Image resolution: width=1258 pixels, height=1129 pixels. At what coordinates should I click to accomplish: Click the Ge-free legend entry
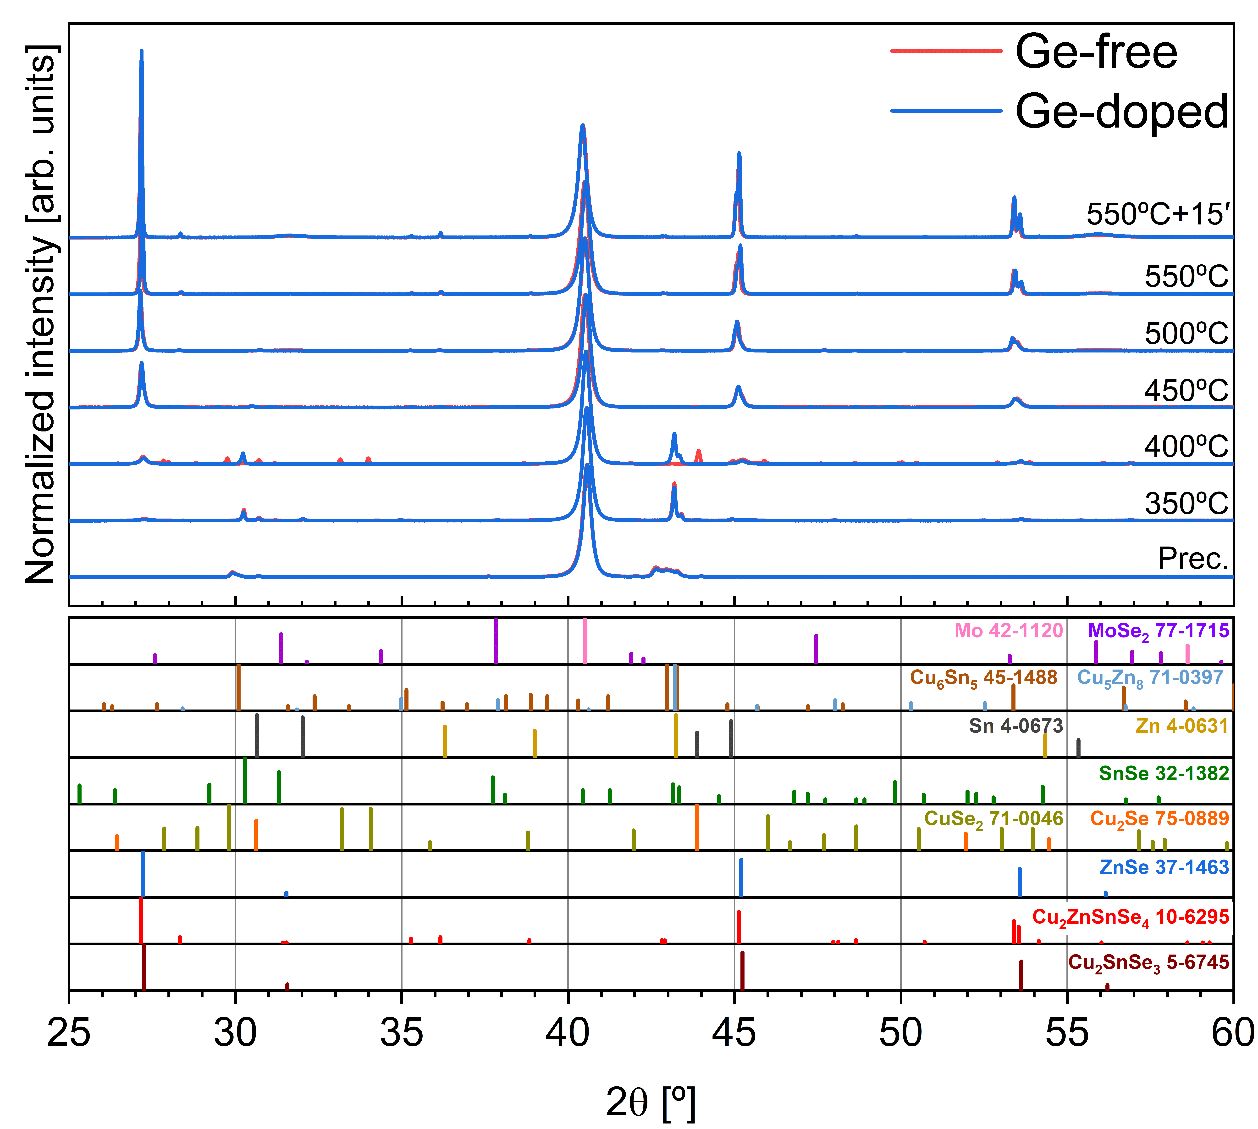tap(1096, 52)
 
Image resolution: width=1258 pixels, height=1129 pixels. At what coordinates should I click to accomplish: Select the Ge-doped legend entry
tap(1121, 112)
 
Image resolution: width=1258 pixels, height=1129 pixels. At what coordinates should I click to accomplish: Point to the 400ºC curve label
tap(1186, 446)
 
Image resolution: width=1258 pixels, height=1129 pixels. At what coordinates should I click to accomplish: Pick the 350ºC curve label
tap(1186, 503)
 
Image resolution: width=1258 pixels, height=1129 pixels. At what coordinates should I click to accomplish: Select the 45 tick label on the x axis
tap(734, 1034)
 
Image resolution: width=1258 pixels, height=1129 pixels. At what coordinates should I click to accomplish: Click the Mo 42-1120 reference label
tap(1008, 631)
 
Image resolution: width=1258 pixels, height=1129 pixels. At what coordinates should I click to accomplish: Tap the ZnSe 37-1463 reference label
tap(1164, 867)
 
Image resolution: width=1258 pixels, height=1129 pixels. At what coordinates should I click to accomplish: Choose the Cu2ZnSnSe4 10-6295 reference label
tap(1130, 917)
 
